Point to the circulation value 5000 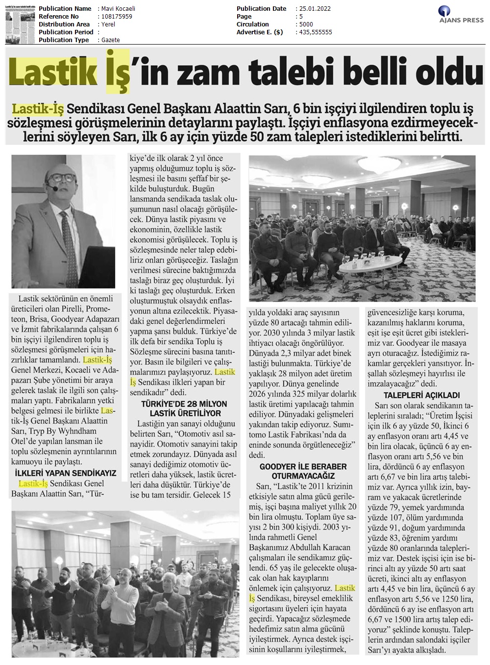tap(307, 24)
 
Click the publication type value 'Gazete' tap(111, 40)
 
